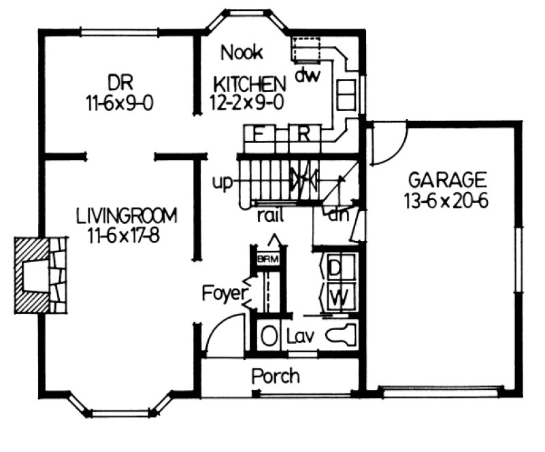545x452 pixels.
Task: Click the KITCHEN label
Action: (x=249, y=84)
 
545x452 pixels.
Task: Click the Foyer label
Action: (x=222, y=294)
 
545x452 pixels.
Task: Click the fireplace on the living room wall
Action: (x=41, y=274)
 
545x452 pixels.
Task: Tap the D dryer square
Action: (x=335, y=268)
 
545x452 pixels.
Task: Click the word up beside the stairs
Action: (x=222, y=182)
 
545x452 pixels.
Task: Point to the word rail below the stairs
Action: (x=270, y=216)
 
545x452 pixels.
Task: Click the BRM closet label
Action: (x=264, y=259)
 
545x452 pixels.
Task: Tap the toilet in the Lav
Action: (x=340, y=336)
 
